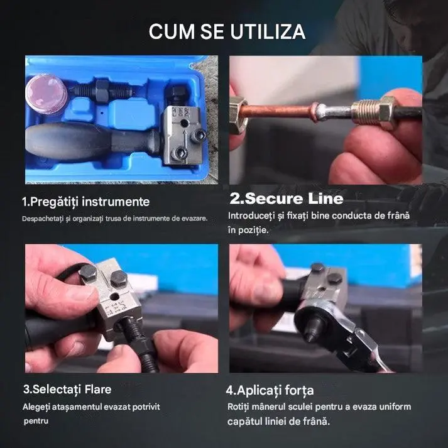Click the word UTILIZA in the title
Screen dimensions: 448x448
coord(268,31)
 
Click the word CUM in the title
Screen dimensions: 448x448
coord(172,31)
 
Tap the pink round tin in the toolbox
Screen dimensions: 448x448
coord(46,94)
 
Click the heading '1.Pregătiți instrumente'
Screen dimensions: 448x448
coord(85,202)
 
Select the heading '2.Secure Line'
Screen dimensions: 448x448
coord(287,199)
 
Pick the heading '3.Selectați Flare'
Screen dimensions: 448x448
coord(67,390)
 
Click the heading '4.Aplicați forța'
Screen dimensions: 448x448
coord(270,391)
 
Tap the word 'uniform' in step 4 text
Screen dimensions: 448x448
coord(395,407)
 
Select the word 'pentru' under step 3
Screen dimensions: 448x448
coord(36,421)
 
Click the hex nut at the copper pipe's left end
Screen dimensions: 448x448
coord(238,114)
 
